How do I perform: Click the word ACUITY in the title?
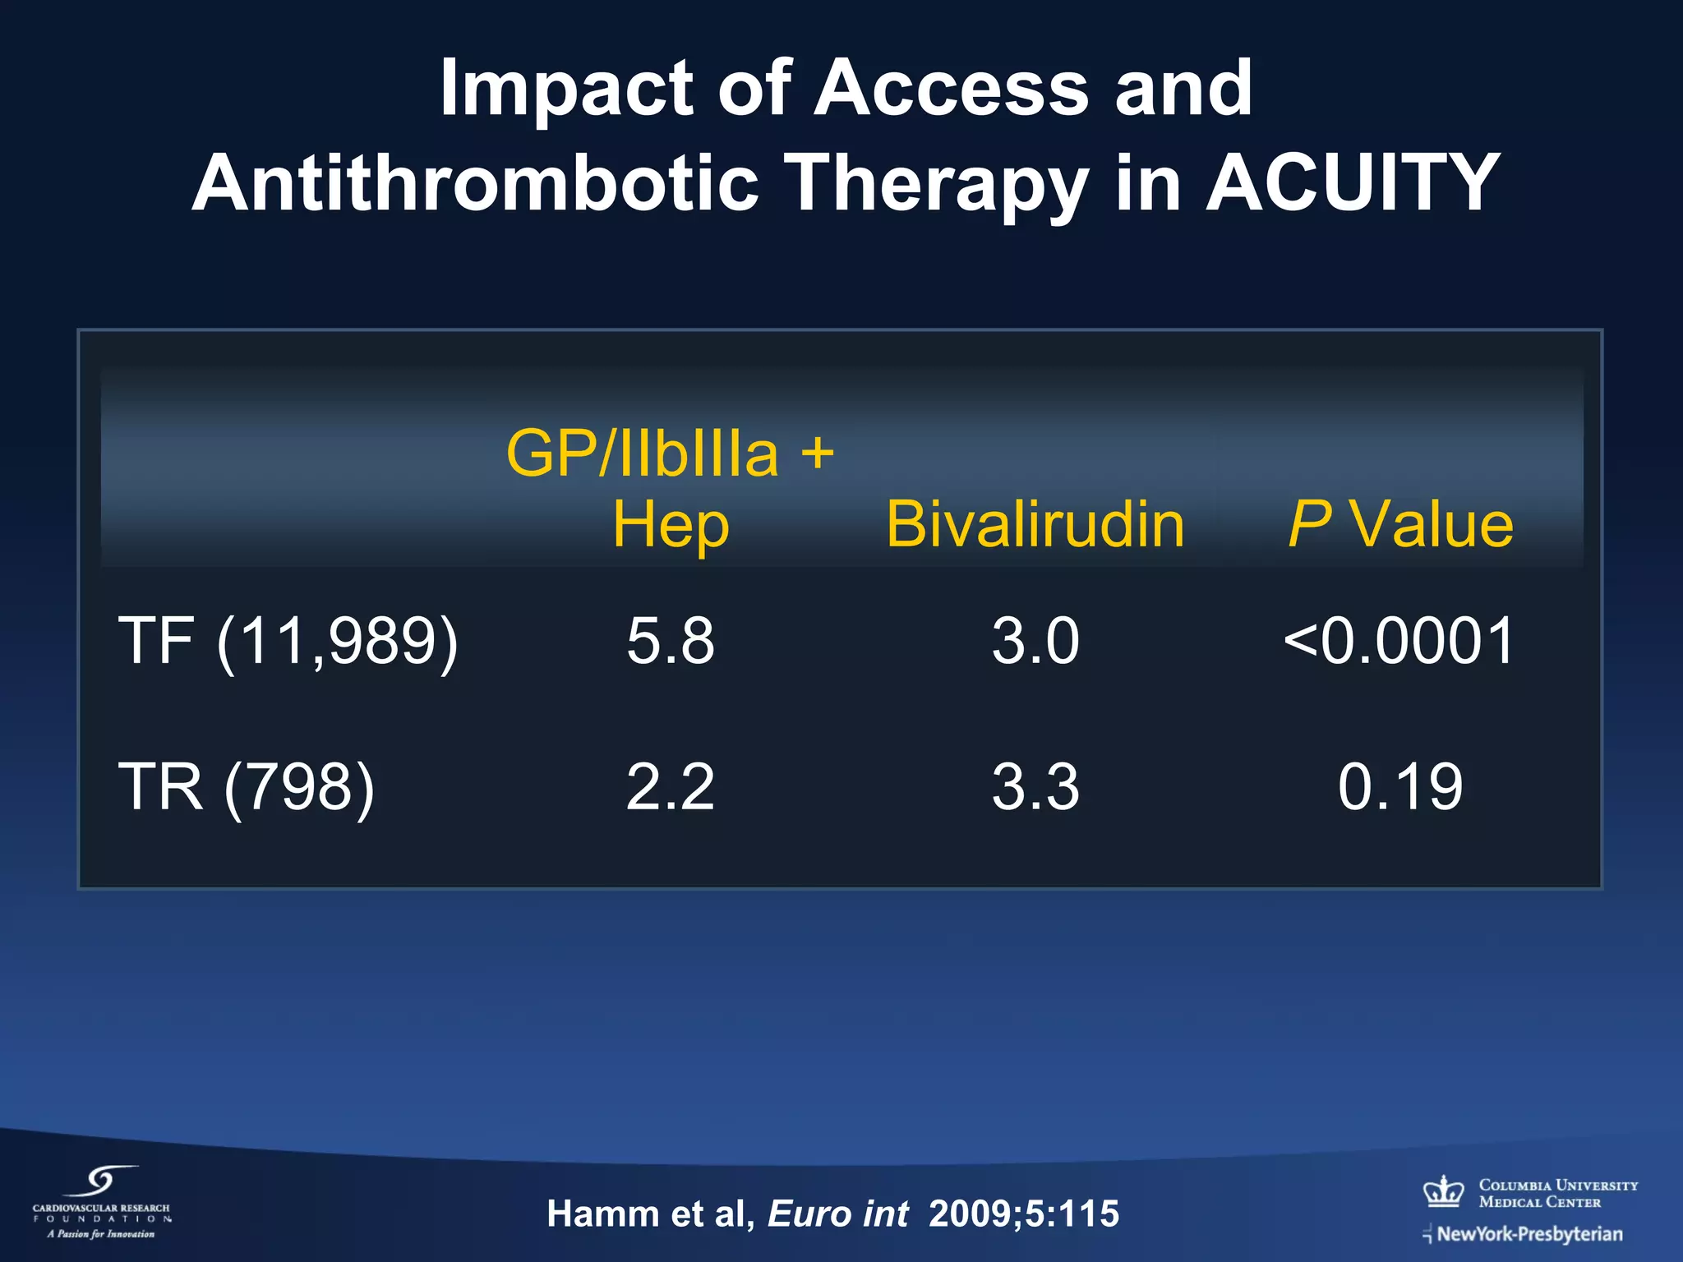pyautogui.click(x=1353, y=182)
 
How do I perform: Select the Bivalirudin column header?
pyautogui.click(x=1035, y=524)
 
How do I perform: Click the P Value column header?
pyautogui.click(x=1400, y=524)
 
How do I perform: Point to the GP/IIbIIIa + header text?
pyautogui.click(x=670, y=453)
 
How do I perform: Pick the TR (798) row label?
pyautogui.click(x=247, y=787)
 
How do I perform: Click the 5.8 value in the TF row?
pyautogui.click(x=670, y=641)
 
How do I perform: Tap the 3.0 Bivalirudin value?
pyautogui.click(x=1035, y=641)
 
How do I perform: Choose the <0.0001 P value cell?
pyautogui.click(x=1399, y=641)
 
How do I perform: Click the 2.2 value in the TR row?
pyautogui.click(x=670, y=787)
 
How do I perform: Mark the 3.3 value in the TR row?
pyautogui.click(x=1035, y=787)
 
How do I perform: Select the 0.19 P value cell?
pyautogui.click(x=1400, y=787)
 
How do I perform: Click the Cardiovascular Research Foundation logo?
pyautogui.click(x=101, y=1202)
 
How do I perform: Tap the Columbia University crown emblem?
pyautogui.click(x=1444, y=1191)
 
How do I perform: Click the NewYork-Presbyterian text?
pyautogui.click(x=1529, y=1234)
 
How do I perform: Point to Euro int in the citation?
pyautogui.click(x=837, y=1214)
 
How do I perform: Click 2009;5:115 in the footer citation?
pyautogui.click(x=1024, y=1214)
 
